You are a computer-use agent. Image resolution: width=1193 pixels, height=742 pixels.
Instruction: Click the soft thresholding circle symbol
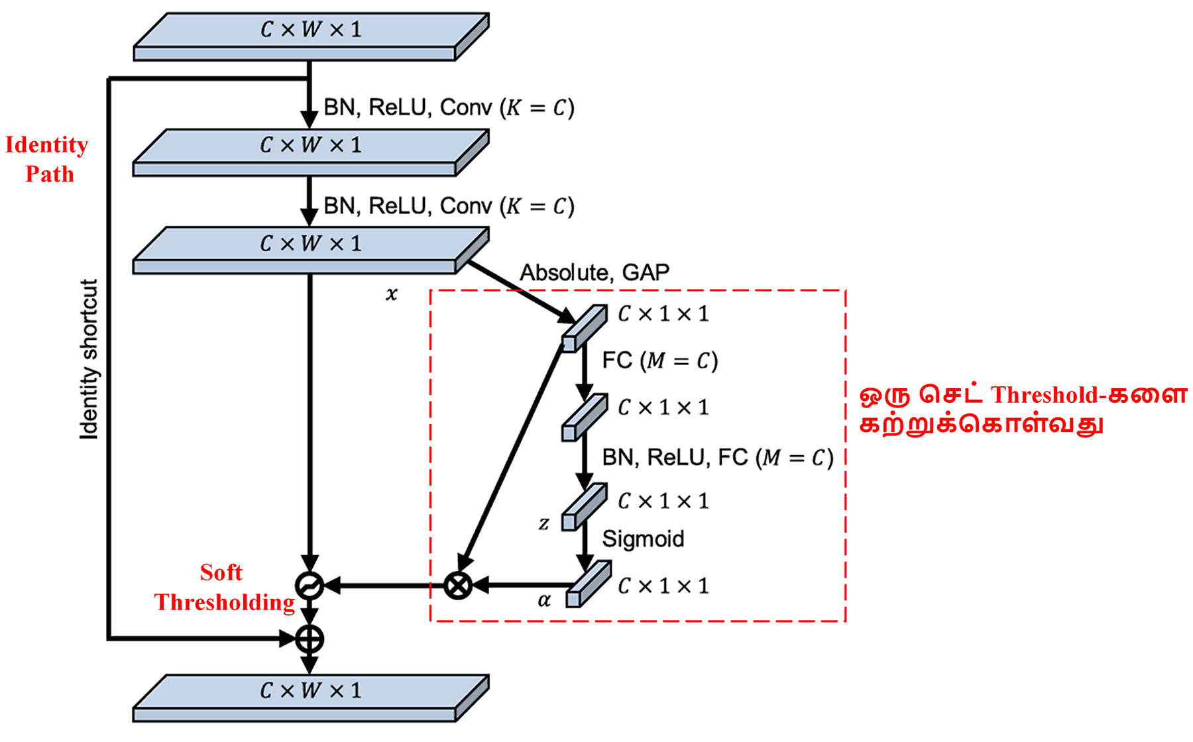point(310,586)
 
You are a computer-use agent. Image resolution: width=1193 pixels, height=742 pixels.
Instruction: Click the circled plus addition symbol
point(310,639)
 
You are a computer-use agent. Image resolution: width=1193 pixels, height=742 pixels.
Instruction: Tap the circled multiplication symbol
point(457,586)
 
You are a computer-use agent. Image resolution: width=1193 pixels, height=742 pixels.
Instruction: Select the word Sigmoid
point(642,539)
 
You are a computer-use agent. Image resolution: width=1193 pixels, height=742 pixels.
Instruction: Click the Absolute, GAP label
point(594,272)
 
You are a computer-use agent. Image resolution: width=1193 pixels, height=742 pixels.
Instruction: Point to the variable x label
point(392,294)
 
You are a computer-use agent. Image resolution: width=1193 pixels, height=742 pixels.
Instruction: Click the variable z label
point(543,523)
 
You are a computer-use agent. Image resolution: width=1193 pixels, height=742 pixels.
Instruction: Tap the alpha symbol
point(544,600)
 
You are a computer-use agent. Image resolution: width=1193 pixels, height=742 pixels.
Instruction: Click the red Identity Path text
point(47,159)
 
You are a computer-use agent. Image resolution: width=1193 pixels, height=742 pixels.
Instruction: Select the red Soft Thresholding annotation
point(224,587)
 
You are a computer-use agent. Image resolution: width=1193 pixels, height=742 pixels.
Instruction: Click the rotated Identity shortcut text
point(89,358)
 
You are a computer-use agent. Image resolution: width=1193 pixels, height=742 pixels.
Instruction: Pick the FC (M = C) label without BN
point(659,360)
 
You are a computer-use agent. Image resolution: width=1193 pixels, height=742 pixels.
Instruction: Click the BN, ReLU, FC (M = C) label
point(717,457)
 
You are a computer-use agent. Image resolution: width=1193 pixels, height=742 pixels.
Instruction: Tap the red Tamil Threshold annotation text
point(1023,409)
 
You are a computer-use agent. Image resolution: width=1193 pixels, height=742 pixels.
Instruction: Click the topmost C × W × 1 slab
point(310,36)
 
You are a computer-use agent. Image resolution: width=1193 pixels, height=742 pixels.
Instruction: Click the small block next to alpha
point(587,584)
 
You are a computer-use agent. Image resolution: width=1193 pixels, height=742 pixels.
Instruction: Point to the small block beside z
point(584,507)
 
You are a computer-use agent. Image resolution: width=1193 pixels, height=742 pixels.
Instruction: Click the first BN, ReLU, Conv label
point(448,107)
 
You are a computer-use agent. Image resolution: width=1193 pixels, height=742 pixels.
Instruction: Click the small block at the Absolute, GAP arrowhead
point(585,327)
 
